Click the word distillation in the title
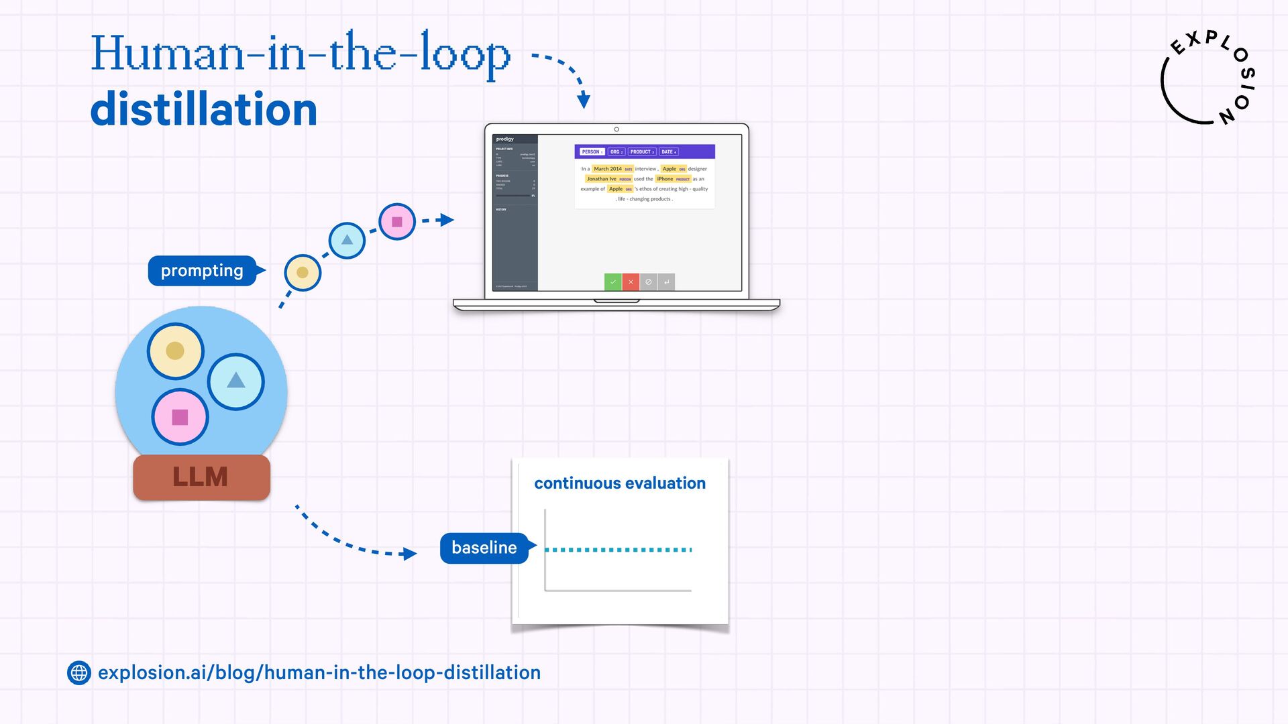pos(203,110)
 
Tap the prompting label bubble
pos(202,271)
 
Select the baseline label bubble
pos(484,548)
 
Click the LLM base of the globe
pos(201,477)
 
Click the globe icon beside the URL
pos(79,672)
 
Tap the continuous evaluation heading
pos(619,483)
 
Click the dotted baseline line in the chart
pos(618,550)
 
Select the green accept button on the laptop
pos(612,282)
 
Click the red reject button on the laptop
pos(631,282)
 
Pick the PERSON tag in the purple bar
pos(592,152)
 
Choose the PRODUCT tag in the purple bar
pos(641,152)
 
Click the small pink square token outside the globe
pos(397,222)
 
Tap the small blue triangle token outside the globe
pos(347,240)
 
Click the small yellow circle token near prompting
pos(303,272)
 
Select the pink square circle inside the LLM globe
pos(180,418)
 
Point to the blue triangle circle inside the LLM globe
pos(236,381)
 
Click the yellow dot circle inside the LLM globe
pos(175,351)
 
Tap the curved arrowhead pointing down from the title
pos(584,101)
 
